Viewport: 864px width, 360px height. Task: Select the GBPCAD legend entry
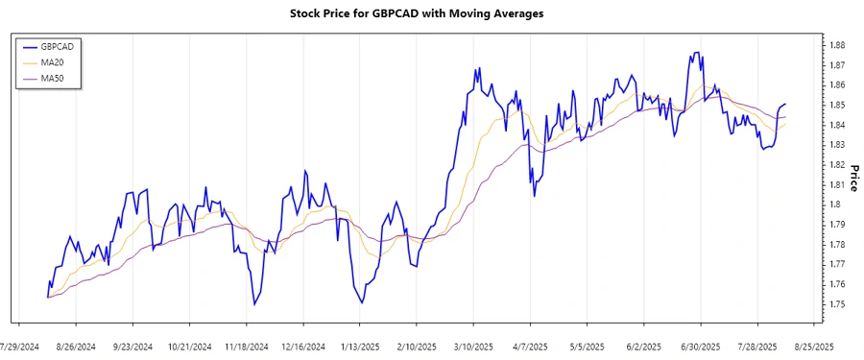(59, 46)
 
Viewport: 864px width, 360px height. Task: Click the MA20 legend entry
(52, 62)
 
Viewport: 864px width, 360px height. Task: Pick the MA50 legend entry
(52, 79)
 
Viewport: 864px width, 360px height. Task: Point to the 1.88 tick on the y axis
(837, 45)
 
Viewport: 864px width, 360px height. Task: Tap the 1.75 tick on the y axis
(837, 304)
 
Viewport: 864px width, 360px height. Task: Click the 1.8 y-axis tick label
(834, 204)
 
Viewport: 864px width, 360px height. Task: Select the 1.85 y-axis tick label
(837, 105)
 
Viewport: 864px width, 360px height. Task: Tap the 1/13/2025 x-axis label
(360, 346)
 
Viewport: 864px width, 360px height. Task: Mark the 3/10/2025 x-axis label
(473, 346)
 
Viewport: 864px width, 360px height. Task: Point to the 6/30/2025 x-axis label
(700, 346)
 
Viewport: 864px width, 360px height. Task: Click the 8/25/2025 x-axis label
(812, 346)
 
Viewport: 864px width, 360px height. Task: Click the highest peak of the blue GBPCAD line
(694, 52)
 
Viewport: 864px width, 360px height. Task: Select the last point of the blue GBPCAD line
(786, 104)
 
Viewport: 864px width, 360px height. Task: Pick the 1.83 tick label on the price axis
(837, 145)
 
